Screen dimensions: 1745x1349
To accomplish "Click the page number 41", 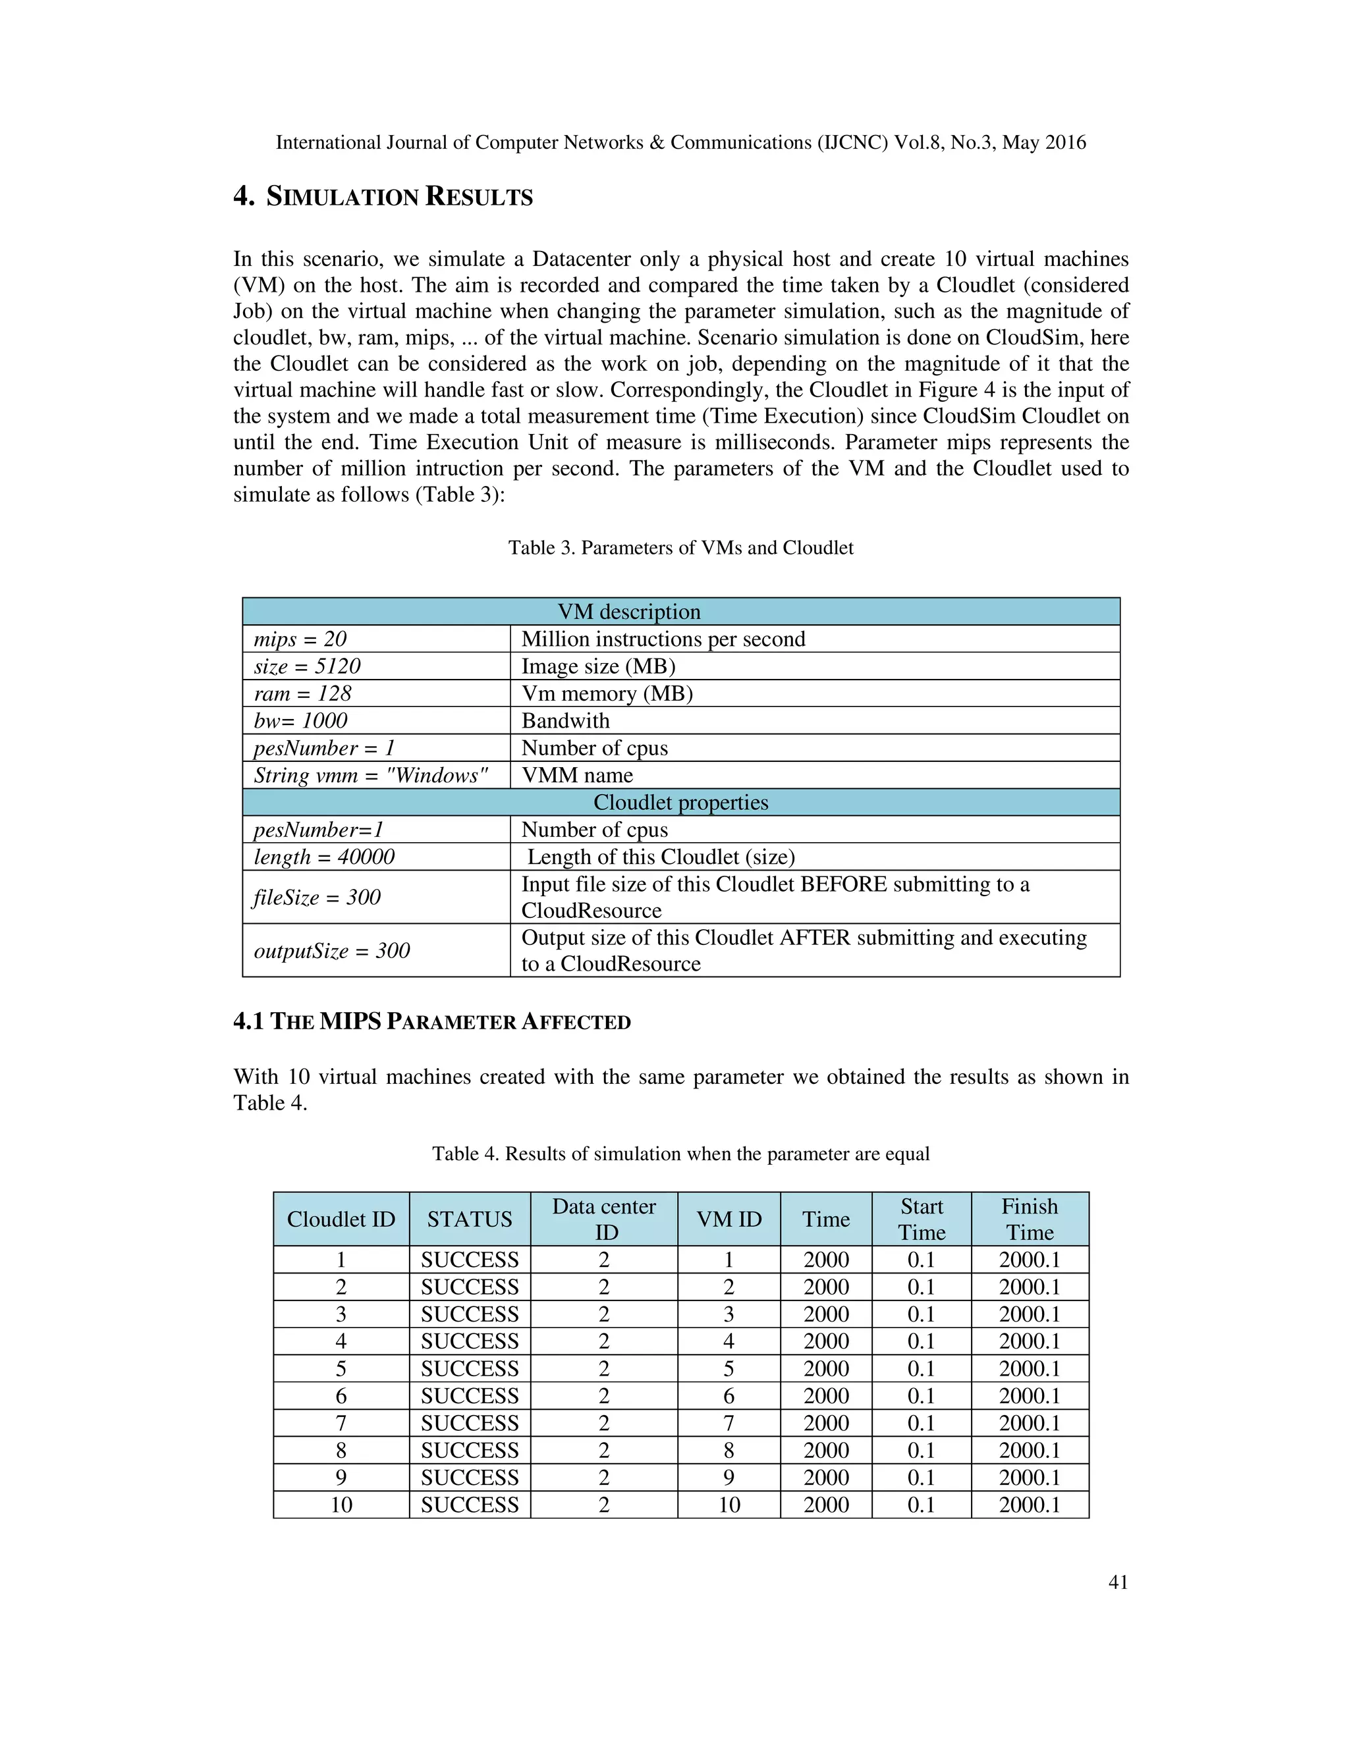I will tap(1118, 1581).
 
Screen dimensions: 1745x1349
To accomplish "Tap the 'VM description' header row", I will tap(681, 611).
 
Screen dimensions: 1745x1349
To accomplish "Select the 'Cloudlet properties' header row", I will tap(681, 802).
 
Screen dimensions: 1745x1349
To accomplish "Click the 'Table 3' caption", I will tap(681, 548).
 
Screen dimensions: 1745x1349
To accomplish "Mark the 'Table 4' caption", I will tap(681, 1154).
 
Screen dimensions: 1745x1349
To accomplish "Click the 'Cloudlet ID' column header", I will tap(341, 1220).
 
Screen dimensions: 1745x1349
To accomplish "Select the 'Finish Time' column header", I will tap(1030, 1220).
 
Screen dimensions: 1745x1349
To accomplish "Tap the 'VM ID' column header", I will tap(729, 1220).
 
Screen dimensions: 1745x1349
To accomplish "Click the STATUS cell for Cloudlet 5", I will tap(470, 1369).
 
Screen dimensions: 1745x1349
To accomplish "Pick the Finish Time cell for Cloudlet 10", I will tap(1030, 1505).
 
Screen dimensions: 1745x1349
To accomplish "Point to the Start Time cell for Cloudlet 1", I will tap(922, 1260).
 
